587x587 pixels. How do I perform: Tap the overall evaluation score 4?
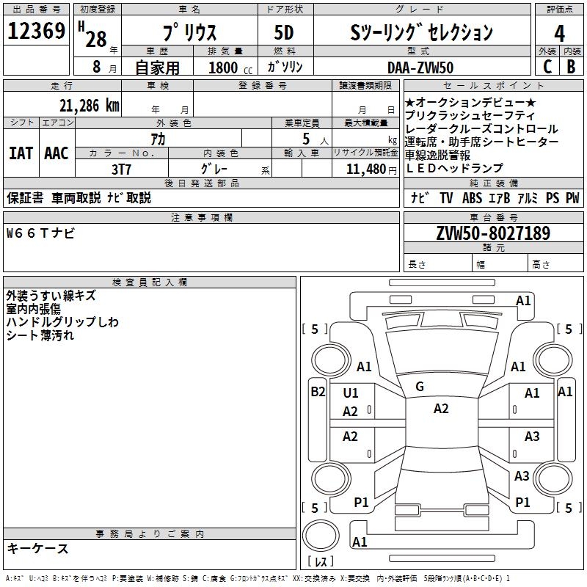point(560,33)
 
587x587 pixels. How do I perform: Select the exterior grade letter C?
point(547,66)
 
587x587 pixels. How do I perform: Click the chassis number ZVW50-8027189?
point(492,234)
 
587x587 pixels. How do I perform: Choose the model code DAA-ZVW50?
point(420,67)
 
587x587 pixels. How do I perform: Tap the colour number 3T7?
point(121,169)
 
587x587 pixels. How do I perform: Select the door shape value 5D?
point(285,33)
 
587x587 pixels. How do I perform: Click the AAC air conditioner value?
point(56,153)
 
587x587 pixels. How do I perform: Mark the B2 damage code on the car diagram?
point(318,392)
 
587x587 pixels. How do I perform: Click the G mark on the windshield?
point(420,387)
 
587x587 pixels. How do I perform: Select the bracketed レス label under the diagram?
point(321,562)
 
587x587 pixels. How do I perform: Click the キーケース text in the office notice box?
point(38,548)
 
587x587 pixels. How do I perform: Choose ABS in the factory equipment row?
point(473,197)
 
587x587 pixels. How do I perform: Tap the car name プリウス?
point(187,33)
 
